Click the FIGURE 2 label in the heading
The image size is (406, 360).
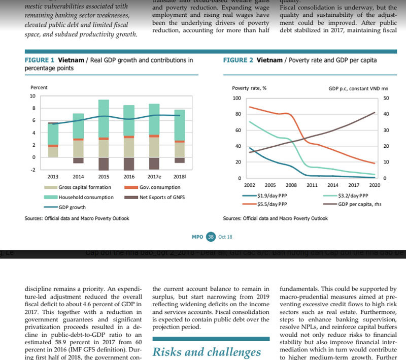coord(238,60)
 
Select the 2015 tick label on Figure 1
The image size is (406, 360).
coord(104,177)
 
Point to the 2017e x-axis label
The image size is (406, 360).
coord(154,177)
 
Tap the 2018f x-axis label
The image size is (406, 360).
coord(180,177)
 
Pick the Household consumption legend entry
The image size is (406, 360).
coord(86,197)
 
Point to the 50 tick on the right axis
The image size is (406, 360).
coord(386,98)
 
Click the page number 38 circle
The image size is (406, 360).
coord(211,237)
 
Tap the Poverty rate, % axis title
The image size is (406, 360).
coord(249,88)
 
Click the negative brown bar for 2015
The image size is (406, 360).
coord(104,163)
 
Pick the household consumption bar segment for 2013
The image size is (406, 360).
coord(53,134)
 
